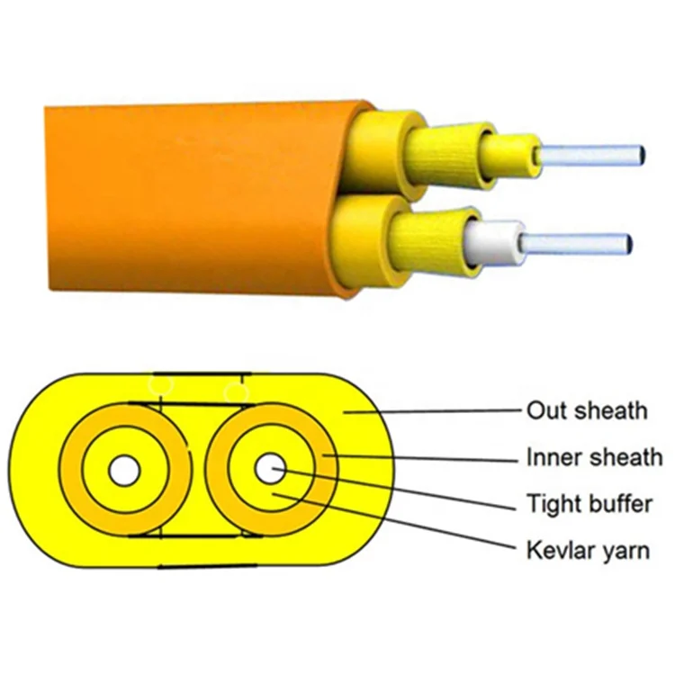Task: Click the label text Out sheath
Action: click(586, 410)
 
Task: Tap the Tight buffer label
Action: click(589, 503)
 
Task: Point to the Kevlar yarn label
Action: click(587, 549)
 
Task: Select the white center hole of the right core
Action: click(268, 468)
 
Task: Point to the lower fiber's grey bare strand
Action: click(576, 241)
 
